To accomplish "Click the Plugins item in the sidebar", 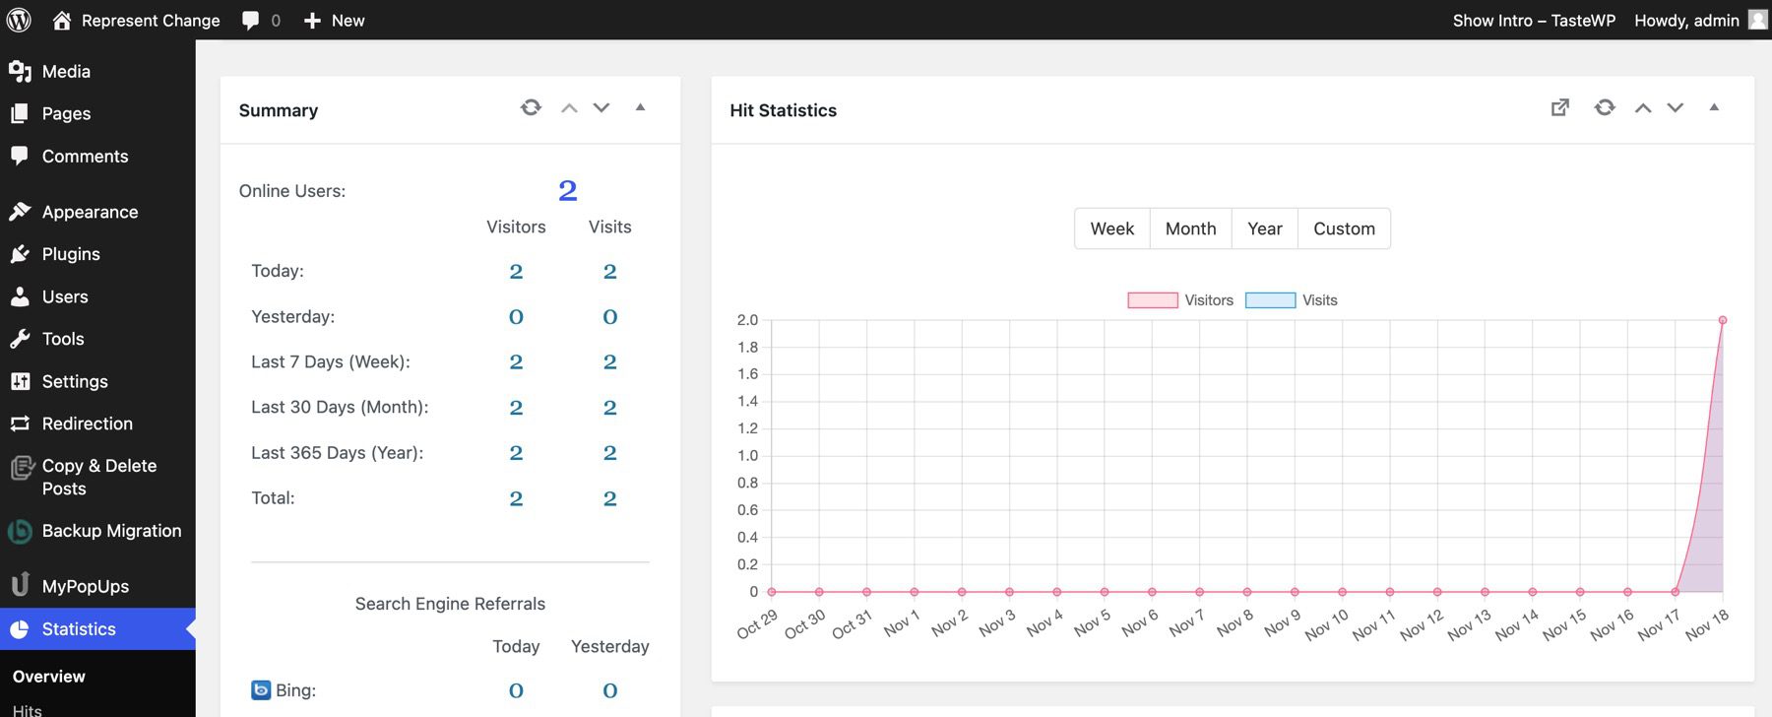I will tap(71, 254).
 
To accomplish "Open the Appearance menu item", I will tap(90, 212).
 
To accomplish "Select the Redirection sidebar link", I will tap(87, 424).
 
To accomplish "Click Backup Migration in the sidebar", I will tap(111, 531).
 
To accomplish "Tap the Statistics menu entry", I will tap(79, 629).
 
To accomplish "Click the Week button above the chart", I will tap(1111, 228).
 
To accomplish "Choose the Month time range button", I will tap(1190, 228).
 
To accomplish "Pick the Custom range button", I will tap(1344, 228).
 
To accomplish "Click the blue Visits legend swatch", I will tap(1270, 300).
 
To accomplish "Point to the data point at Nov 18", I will tap(1723, 320).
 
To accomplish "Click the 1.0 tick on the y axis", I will tap(747, 456).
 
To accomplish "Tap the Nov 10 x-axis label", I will tap(1326, 625).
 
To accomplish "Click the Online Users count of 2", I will tap(567, 190).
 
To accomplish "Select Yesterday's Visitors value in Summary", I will tap(516, 317).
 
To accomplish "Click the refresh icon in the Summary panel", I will tap(531, 107).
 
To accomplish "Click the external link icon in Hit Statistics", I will tap(1560, 107).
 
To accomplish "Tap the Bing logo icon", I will tap(261, 690).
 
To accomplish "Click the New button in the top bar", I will tap(335, 21).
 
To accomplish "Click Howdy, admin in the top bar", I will tap(1686, 21).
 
